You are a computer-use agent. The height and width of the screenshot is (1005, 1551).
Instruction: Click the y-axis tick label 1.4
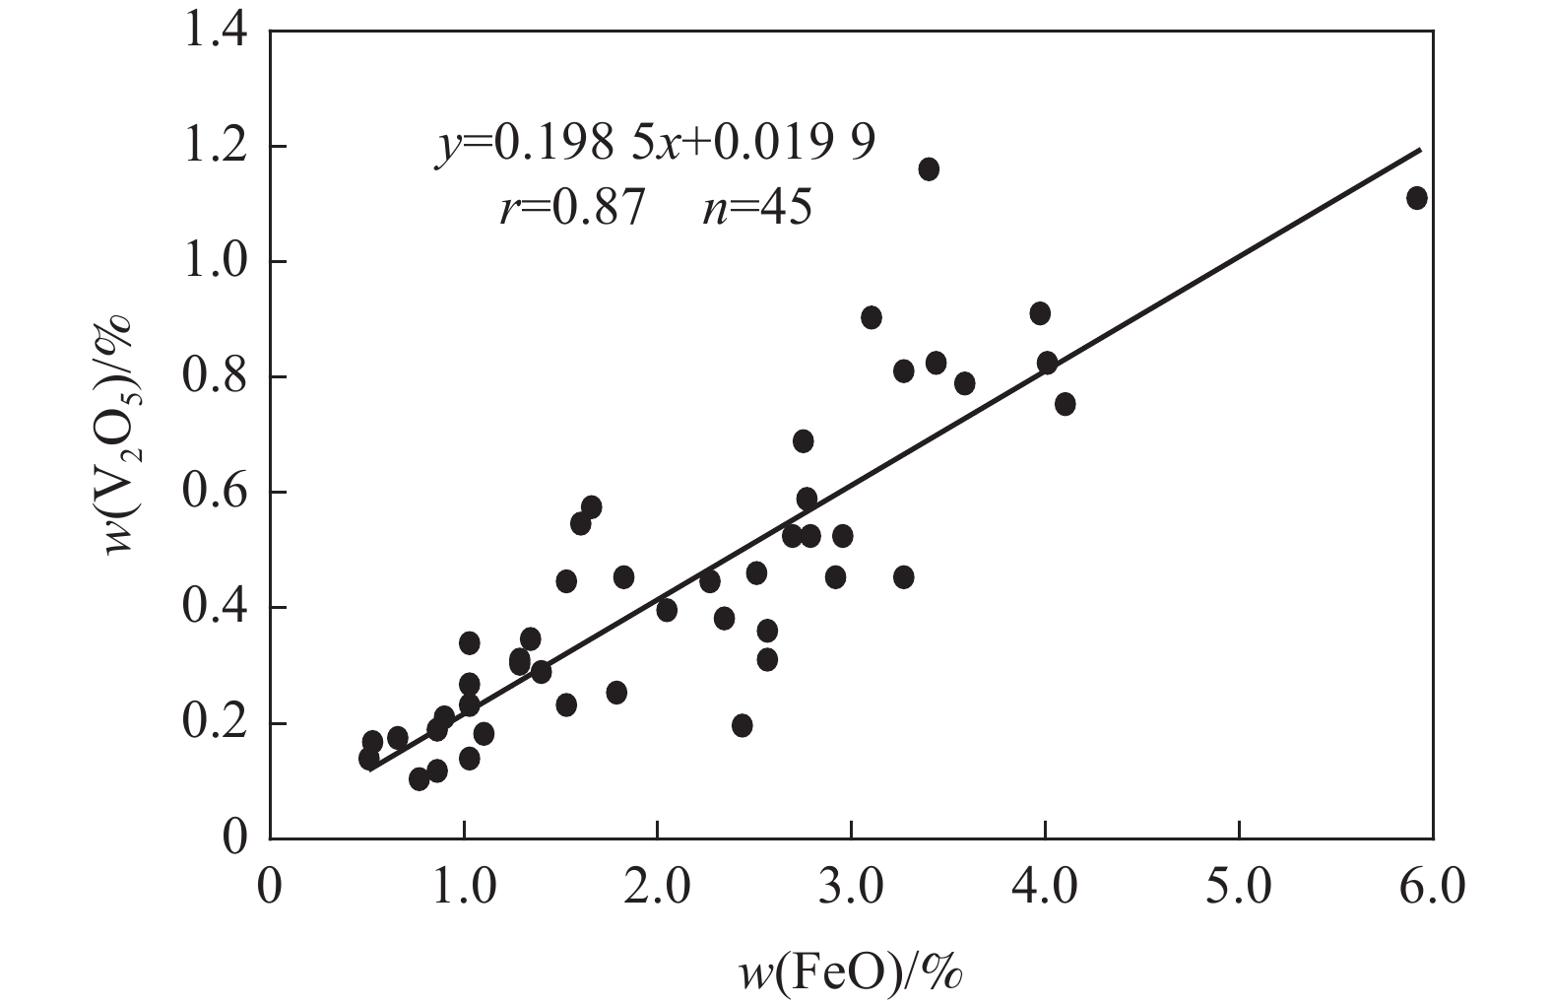tap(216, 32)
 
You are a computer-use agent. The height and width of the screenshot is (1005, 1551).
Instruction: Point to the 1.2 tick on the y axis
tap(216, 147)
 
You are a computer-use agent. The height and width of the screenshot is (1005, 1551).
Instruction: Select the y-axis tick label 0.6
tap(216, 493)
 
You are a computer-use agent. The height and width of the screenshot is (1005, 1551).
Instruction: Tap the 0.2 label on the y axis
tap(216, 723)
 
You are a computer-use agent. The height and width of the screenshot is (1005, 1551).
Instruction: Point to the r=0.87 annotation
tap(572, 208)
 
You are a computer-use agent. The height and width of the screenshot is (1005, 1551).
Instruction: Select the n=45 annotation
tap(756, 208)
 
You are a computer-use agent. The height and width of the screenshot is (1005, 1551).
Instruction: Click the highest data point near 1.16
tap(929, 169)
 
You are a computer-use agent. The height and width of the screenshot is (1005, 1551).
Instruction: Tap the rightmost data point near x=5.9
tap(1417, 198)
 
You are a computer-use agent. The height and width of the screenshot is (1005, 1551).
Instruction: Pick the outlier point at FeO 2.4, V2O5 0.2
tap(743, 726)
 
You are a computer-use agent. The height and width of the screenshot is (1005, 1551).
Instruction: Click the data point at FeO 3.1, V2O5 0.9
tap(872, 317)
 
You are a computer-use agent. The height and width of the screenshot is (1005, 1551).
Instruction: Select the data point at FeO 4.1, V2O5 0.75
tap(1065, 404)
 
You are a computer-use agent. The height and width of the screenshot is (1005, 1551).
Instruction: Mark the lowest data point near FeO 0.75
tap(420, 779)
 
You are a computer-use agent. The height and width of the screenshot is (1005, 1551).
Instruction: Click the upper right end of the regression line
tap(1419, 151)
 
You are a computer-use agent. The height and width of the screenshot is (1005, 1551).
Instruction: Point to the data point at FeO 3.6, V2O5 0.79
tap(965, 383)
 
